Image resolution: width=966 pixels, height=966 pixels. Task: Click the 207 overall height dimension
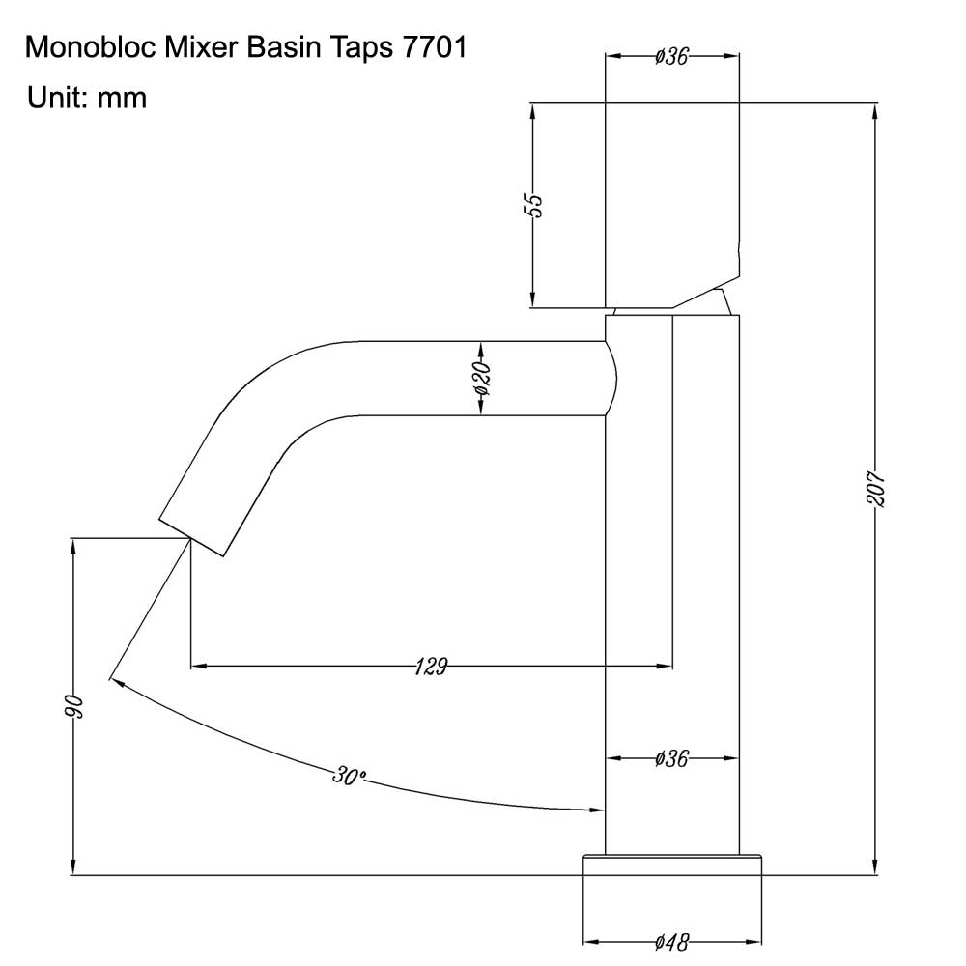click(x=875, y=489)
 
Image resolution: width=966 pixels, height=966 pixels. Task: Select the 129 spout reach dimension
click(x=431, y=667)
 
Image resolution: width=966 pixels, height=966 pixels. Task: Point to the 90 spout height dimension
click(x=74, y=706)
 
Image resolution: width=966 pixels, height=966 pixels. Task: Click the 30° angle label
click(x=349, y=776)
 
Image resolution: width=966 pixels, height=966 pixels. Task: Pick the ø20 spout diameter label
click(x=482, y=379)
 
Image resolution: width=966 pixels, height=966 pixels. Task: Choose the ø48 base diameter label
click(x=672, y=942)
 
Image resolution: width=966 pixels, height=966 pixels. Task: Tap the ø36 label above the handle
click(x=671, y=56)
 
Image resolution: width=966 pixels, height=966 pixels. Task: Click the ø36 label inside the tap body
click(x=671, y=758)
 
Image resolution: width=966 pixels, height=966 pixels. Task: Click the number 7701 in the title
click(x=435, y=48)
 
